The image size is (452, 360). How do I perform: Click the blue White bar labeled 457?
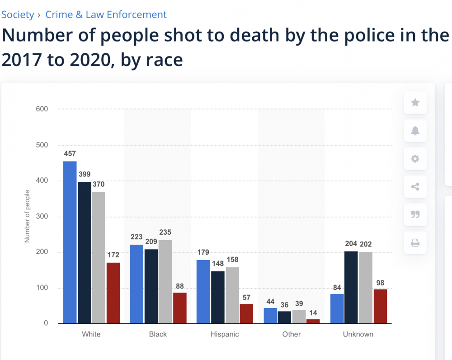coord(70,242)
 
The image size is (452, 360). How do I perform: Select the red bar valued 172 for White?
coord(113,293)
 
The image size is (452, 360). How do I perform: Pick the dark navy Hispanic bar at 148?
coord(218,297)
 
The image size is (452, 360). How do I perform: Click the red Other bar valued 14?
coord(313,321)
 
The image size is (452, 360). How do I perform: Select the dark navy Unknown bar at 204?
coord(351,287)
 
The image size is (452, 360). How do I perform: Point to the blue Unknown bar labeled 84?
coord(337,308)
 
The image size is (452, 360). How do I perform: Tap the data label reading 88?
coord(179,286)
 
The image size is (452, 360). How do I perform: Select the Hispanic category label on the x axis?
coord(225,334)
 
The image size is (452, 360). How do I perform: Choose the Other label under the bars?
coord(292,334)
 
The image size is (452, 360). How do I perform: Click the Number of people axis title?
coord(27,216)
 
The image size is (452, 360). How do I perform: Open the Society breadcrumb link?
coord(18,14)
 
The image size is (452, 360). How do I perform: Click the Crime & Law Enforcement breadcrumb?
coord(106,14)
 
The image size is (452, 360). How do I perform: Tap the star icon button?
coord(415,103)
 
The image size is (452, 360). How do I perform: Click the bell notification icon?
coord(415,131)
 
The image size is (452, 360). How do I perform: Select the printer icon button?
coord(415,243)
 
